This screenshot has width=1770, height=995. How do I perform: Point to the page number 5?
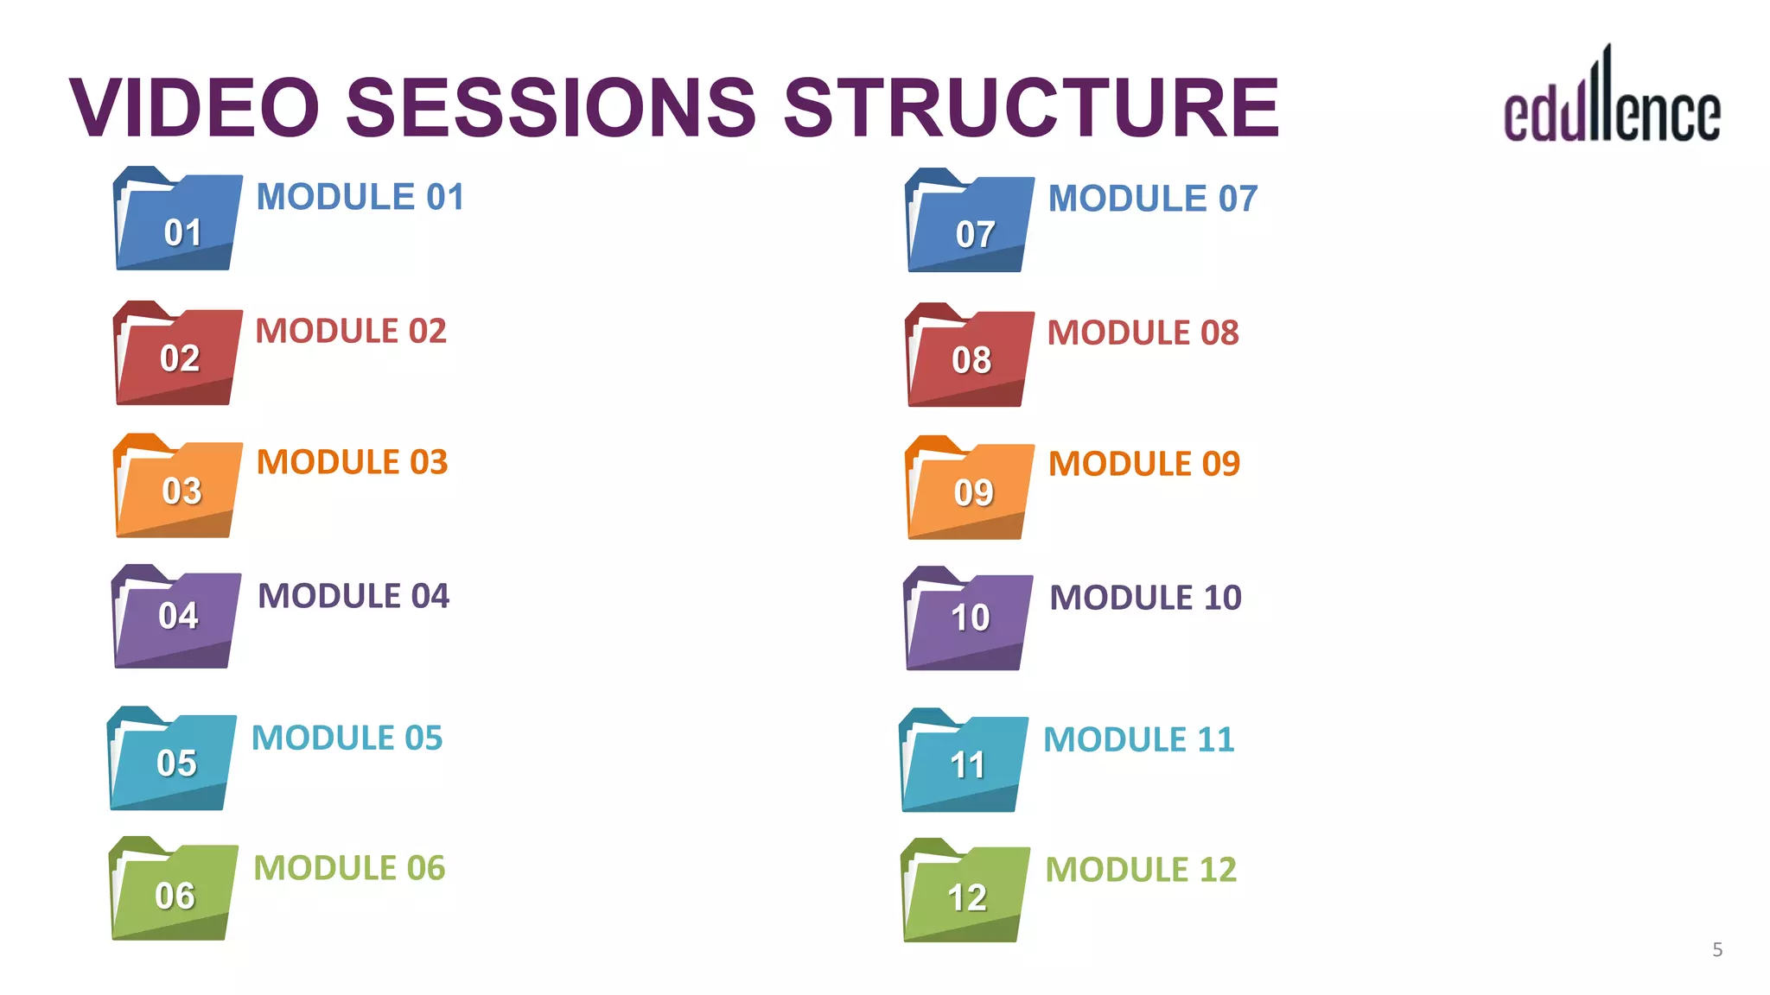[x=1717, y=950]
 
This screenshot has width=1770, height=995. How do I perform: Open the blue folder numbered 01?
[x=178, y=220]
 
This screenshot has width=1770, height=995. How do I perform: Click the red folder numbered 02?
[x=178, y=354]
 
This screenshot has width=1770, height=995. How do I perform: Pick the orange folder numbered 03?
[x=178, y=487]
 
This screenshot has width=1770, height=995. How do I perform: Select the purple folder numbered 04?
[x=176, y=618]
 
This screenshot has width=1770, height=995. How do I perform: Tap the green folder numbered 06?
[x=174, y=890]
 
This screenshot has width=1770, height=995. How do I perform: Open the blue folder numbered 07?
[x=970, y=222]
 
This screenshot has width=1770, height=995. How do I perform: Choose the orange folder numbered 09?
[x=970, y=489]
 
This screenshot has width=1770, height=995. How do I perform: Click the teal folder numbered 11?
[x=964, y=761]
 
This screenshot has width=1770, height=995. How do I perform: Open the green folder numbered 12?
[x=965, y=891]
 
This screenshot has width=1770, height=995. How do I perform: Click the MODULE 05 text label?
[x=347, y=738]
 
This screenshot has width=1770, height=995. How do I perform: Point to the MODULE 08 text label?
[x=1143, y=333]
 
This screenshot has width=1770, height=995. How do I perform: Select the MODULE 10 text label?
[x=1145, y=598]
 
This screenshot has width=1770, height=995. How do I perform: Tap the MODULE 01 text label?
[x=360, y=197]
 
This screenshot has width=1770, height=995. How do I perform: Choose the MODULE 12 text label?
[x=1141, y=870]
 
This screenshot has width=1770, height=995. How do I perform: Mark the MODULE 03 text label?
[x=352, y=462]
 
